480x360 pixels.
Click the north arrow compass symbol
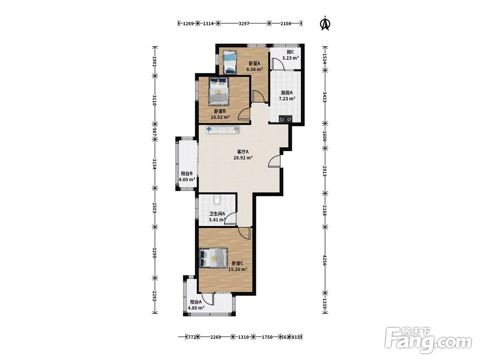point(325,24)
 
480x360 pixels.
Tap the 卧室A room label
point(254,63)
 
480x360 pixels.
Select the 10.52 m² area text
point(220,117)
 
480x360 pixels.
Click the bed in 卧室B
point(219,91)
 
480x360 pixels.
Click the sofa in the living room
point(223,130)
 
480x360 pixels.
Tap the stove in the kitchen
point(285,119)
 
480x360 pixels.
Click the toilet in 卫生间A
point(217,200)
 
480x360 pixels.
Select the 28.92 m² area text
point(243,158)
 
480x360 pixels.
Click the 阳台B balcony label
point(187,173)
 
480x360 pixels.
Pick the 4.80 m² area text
point(196,308)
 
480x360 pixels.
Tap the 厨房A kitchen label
point(287,93)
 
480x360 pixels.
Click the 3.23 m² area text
point(290,58)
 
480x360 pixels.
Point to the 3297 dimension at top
point(244,23)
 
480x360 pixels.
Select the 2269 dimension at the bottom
point(216,337)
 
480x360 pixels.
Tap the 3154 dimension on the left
point(155,164)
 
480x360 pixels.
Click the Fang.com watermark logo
point(428,340)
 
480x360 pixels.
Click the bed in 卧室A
point(230,62)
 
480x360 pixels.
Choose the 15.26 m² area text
point(238,269)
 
